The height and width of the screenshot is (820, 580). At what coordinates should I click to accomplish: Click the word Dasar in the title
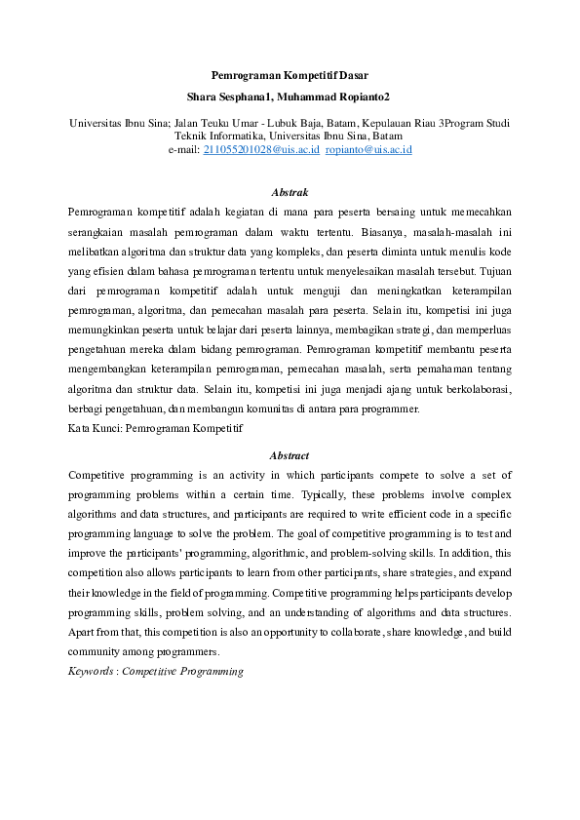(x=351, y=75)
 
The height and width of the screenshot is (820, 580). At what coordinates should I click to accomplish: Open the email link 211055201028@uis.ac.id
(x=260, y=149)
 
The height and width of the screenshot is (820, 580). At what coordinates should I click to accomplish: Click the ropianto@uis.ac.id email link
(x=368, y=149)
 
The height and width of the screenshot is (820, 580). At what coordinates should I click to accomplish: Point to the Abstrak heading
(x=290, y=193)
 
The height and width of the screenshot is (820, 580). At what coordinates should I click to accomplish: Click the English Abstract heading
(x=290, y=455)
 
